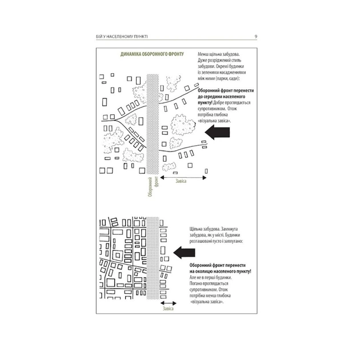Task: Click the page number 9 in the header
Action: pyautogui.click(x=255, y=37)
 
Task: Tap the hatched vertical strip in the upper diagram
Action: pyautogui.click(x=153, y=123)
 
